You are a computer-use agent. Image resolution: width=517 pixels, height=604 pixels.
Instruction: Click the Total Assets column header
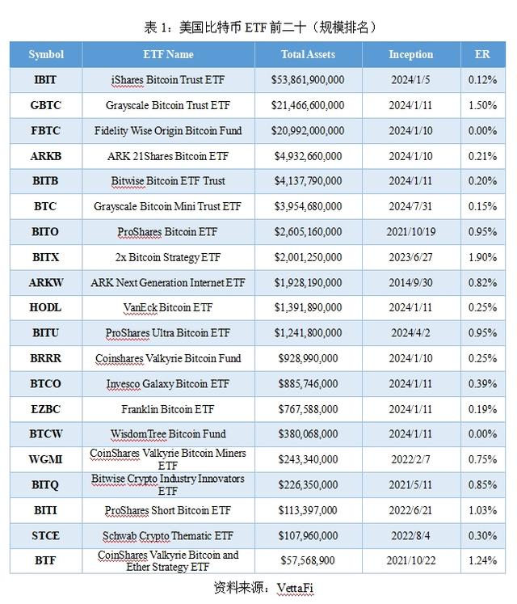coord(308,55)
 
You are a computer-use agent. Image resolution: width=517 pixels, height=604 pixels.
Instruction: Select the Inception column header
coord(410,55)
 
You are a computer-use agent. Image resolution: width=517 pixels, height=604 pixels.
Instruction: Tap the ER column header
coord(482,55)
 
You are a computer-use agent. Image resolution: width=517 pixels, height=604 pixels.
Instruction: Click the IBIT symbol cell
coord(46,80)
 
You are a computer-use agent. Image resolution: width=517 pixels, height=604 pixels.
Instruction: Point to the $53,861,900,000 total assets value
coord(308,80)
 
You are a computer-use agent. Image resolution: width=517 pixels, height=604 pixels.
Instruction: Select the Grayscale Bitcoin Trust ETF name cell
coord(167,105)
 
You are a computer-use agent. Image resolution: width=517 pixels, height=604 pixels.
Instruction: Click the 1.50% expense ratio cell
coord(482,105)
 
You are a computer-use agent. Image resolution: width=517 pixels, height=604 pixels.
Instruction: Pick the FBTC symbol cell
coord(46,130)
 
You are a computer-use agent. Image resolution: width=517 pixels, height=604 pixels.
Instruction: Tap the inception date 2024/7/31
coord(410,206)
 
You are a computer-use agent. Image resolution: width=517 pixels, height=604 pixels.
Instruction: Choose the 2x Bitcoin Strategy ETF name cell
coord(167,257)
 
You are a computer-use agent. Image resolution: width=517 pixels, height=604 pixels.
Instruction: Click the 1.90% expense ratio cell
coord(482,257)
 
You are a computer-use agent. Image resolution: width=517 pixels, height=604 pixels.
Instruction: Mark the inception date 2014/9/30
coord(410,282)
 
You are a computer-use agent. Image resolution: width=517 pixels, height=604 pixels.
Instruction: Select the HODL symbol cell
coord(46,307)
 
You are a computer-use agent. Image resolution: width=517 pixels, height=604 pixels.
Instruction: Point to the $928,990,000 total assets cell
coord(308,358)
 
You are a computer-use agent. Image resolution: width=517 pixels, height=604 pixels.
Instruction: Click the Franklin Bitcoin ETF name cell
coord(167,409)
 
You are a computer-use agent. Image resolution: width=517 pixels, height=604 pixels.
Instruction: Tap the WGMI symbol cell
coord(46,459)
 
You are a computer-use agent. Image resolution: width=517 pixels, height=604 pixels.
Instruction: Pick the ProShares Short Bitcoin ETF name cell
coord(167,510)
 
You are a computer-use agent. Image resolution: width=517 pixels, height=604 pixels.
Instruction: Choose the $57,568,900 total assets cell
coord(308,560)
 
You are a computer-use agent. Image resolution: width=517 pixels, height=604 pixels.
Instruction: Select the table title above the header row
coord(258,27)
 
